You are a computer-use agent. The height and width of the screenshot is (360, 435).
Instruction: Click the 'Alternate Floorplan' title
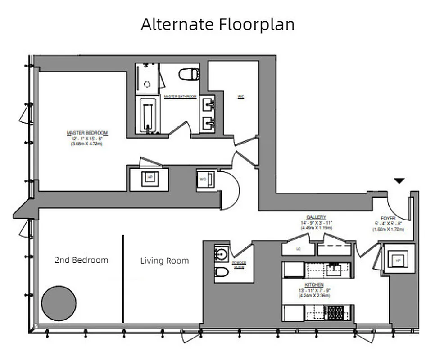[x=217, y=24]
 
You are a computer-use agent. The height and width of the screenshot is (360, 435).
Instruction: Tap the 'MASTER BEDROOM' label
[x=87, y=133]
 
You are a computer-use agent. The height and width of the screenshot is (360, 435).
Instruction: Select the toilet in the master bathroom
[x=189, y=74]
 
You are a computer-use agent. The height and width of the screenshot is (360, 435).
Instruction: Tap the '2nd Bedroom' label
[x=81, y=260]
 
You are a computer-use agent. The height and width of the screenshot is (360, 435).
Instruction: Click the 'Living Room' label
[x=164, y=261]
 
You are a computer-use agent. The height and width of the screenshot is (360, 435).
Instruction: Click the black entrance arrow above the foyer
[x=399, y=181]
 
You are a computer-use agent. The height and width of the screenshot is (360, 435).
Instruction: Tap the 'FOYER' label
[x=388, y=218]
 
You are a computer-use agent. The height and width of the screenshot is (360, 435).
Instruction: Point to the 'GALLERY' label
[x=316, y=217]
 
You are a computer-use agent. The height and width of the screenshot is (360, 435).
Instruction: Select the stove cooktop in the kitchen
[x=334, y=312]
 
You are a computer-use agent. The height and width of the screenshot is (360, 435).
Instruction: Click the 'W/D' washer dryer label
[x=203, y=179]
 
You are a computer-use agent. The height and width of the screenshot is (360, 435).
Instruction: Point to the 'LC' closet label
[x=298, y=248]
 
